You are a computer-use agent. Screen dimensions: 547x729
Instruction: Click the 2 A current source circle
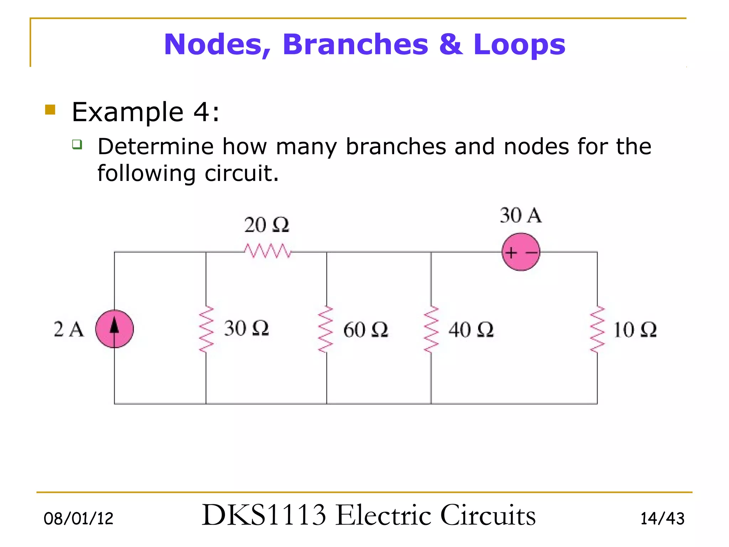pos(114,329)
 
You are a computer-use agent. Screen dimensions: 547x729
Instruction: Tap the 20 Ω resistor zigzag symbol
pos(267,251)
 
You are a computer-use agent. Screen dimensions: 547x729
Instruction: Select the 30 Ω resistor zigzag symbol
pos(206,329)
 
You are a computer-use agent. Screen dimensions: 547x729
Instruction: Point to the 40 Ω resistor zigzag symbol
pos(431,329)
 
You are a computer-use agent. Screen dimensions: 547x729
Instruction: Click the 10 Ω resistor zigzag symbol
pos(597,329)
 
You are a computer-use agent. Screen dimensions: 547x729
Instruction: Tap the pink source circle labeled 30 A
pos(521,252)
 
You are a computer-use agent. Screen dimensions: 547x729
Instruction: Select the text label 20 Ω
pos(267,225)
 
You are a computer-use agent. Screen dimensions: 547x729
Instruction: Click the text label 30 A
pos(520,215)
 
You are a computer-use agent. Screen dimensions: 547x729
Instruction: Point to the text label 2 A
pos(69,329)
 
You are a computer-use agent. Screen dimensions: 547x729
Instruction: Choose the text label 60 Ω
pos(366,330)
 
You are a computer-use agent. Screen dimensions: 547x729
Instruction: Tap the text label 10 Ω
pos(635,330)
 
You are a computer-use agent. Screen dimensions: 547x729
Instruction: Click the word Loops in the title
pos(519,45)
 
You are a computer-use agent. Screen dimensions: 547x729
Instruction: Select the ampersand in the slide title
pos(451,45)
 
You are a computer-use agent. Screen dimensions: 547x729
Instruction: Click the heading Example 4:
pos(145,112)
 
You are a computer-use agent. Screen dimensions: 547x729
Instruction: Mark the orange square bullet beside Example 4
pos(50,109)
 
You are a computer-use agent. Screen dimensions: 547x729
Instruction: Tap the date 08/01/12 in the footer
pos(78,519)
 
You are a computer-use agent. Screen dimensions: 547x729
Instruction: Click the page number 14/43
pos(662,519)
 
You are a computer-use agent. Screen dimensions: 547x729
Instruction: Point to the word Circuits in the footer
pos(488,515)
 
